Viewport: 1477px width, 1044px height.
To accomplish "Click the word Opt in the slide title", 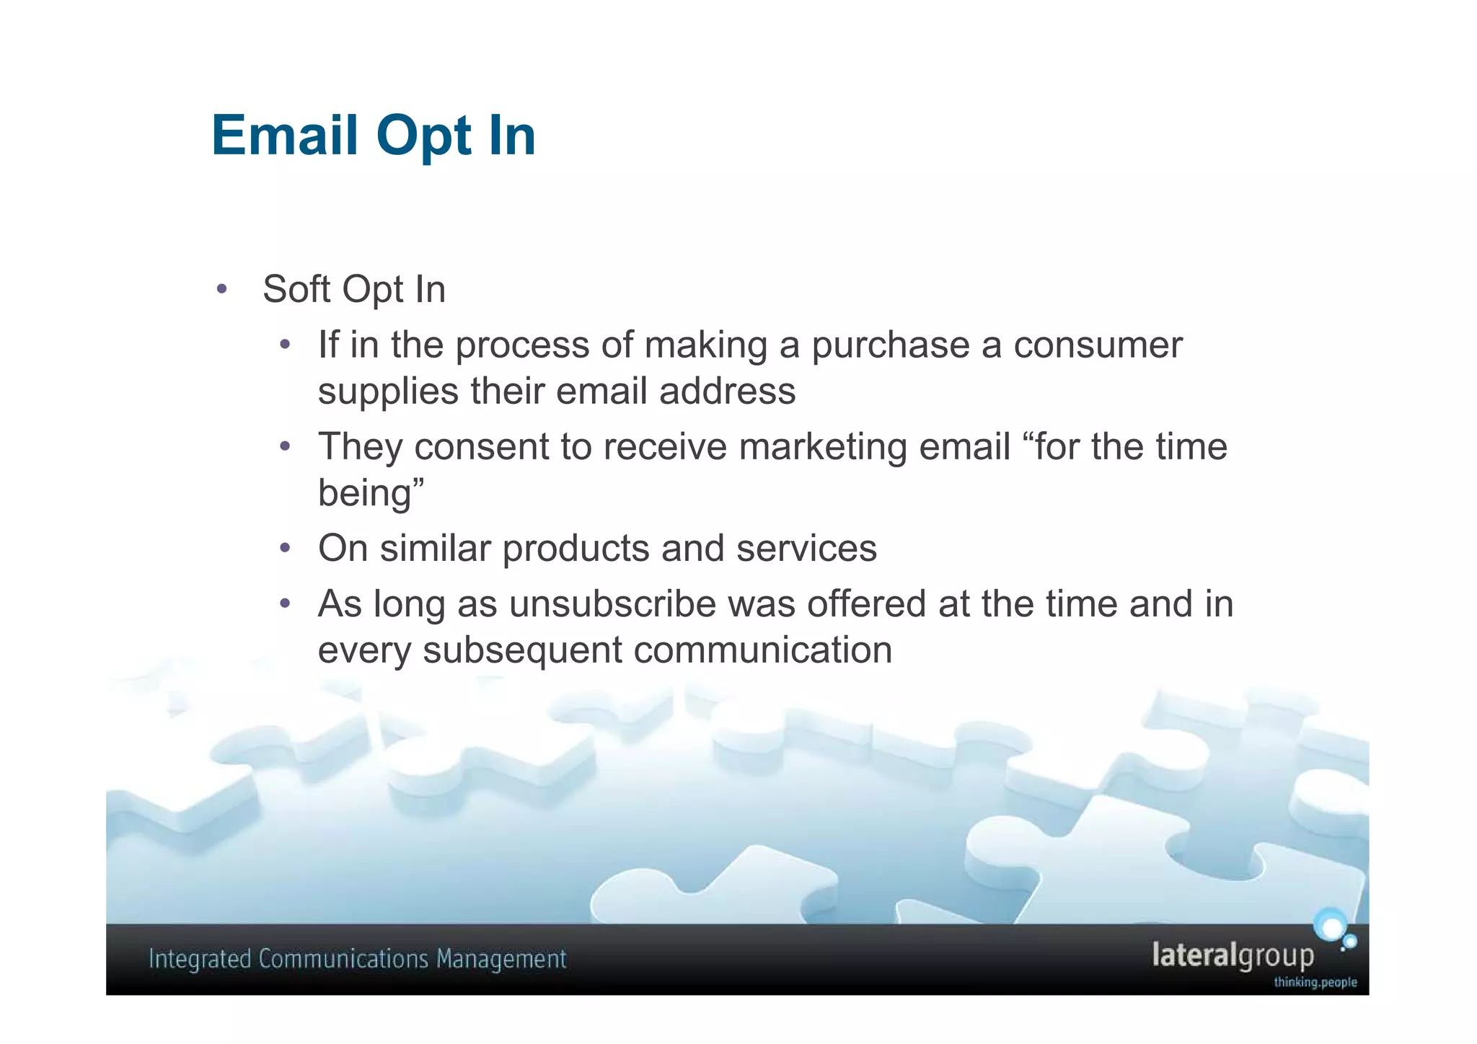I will point(424,137).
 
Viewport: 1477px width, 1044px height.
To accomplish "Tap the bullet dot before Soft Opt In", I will point(221,290).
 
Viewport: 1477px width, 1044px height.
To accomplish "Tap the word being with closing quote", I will point(371,494).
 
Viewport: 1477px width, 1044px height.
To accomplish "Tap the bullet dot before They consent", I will point(286,447).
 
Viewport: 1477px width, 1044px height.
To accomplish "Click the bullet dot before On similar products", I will point(286,549).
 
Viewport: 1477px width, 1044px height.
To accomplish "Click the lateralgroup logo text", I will point(1233,955).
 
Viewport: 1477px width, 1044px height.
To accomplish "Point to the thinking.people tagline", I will point(1315,982).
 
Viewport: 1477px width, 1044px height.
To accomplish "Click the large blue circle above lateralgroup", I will point(1329,926).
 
